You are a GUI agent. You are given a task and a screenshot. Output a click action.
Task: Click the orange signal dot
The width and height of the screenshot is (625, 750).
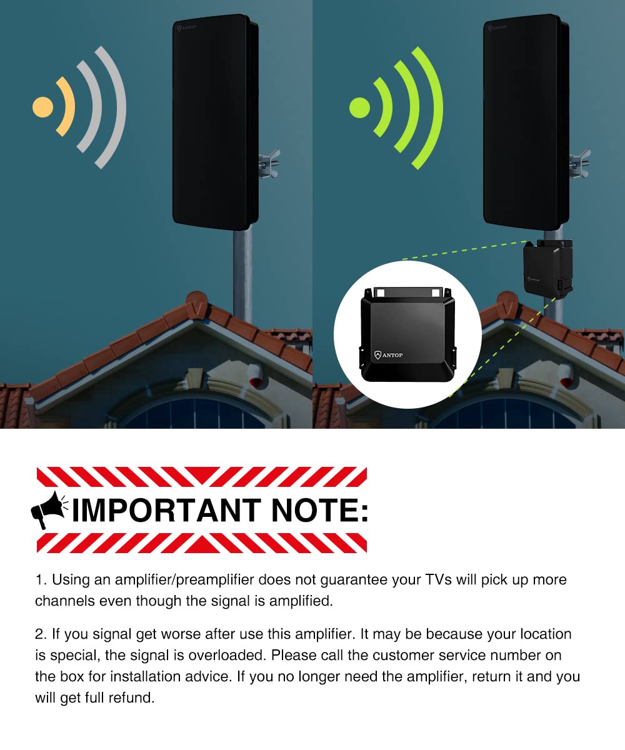(x=42, y=107)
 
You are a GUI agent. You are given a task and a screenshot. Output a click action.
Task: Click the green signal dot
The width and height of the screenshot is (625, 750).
(x=360, y=107)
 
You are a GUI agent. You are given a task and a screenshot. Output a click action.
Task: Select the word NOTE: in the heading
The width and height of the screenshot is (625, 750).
(x=319, y=511)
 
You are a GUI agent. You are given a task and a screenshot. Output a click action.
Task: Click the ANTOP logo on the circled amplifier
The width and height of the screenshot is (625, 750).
(x=388, y=355)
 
